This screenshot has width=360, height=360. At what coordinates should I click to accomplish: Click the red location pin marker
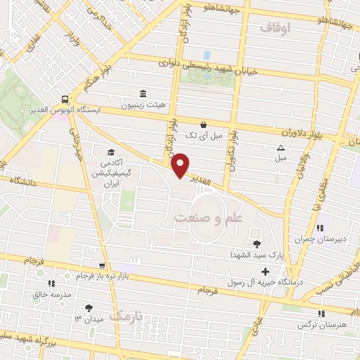[181, 165]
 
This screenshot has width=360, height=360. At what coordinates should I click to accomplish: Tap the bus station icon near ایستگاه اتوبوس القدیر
[65, 99]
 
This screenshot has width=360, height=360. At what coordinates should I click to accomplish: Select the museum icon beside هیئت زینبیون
[143, 94]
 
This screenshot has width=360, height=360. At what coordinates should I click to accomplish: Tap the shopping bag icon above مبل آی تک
[203, 123]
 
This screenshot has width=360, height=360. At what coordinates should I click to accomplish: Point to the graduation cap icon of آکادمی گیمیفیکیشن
[110, 152]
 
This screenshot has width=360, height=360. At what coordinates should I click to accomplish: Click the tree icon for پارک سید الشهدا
[255, 244]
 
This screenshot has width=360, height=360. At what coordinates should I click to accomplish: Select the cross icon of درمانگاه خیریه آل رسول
[264, 271]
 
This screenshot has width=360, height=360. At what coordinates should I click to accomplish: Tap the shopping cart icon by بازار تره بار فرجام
[102, 266]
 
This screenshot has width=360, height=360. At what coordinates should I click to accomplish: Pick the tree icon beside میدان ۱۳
[89, 307]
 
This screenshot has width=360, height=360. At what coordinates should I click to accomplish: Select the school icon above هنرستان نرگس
[321, 314]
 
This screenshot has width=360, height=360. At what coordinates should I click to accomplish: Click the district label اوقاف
[275, 28]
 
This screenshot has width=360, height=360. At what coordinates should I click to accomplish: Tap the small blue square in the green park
[207, 54]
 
